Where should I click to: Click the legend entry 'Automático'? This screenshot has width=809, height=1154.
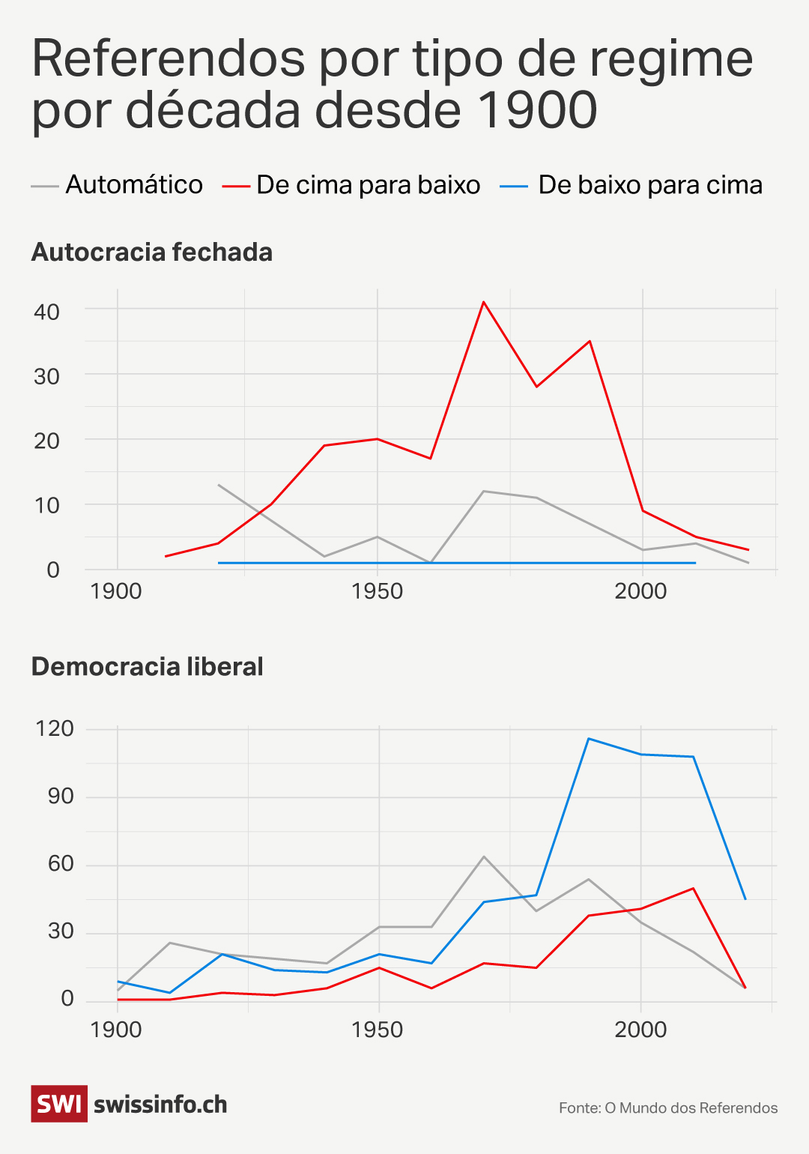point(133,185)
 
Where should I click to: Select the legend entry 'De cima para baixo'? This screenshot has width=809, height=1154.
point(368,185)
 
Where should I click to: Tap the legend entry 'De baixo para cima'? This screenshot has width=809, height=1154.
point(649,185)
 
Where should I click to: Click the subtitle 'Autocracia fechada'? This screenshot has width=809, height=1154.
point(152,253)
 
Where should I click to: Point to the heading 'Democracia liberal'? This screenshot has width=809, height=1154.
point(148,667)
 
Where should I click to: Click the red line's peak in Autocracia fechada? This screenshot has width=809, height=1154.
point(484,302)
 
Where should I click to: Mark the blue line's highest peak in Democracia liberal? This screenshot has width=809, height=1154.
point(589,739)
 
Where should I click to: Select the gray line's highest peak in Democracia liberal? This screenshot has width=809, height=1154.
point(484,857)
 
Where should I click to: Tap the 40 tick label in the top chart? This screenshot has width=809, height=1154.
point(46,312)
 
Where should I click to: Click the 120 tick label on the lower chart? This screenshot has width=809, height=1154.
point(55,728)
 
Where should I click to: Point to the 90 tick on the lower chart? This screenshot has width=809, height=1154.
point(61,796)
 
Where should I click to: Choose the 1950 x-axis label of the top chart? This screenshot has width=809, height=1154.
point(377,591)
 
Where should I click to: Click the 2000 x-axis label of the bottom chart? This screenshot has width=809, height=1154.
point(640,1030)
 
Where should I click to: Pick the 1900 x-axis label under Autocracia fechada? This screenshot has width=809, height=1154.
point(116,591)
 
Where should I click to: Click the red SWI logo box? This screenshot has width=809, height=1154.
point(59,1104)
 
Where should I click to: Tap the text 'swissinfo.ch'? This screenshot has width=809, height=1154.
point(160,1105)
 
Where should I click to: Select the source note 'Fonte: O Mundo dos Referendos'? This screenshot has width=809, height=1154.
point(668,1108)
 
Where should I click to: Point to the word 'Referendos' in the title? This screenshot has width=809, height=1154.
point(169,58)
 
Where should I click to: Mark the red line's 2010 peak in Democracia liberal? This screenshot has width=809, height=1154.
point(693,889)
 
